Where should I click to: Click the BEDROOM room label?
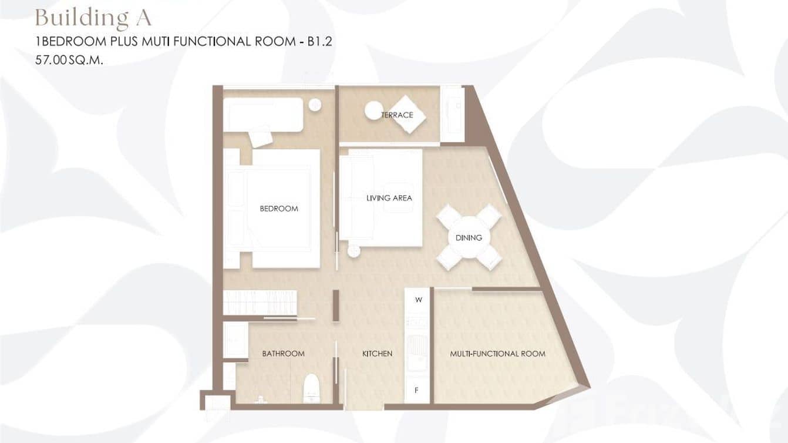click(278, 209)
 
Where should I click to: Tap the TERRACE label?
click(397, 115)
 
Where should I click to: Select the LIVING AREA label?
click(389, 198)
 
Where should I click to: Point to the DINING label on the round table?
click(469, 238)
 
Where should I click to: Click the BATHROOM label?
click(283, 354)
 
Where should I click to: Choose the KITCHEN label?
click(377, 354)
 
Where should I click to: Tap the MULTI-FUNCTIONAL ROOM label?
click(497, 354)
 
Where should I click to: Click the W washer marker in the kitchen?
click(418, 300)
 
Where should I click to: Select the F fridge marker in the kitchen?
click(416, 390)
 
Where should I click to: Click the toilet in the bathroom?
click(311, 388)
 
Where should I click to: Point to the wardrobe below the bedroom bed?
click(260, 303)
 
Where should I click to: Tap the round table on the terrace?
click(373, 110)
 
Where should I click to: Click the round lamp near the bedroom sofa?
click(315, 105)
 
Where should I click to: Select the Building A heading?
click(93, 18)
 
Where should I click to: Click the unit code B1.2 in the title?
click(320, 42)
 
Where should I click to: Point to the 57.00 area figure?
click(50, 60)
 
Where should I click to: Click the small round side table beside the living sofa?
click(354, 251)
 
